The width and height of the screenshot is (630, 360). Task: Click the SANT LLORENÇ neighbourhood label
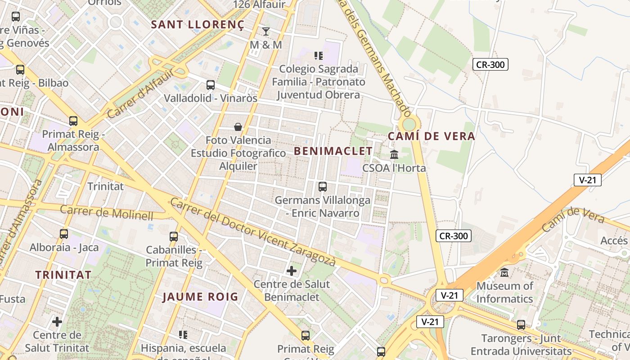pyautogui.click(x=197, y=25)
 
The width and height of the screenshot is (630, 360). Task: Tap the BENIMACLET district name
pyautogui.click(x=333, y=151)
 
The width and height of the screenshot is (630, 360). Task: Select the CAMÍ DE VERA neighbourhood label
pyautogui.click(x=431, y=136)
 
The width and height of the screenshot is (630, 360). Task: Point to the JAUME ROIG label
pyautogui.click(x=200, y=297)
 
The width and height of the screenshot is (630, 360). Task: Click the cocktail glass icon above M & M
pyautogui.click(x=266, y=31)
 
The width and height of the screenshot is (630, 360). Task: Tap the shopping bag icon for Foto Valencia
pyautogui.click(x=238, y=127)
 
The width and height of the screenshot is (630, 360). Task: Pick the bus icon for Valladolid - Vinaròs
pyautogui.click(x=210, y=85)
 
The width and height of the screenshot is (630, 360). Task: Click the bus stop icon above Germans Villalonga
pyautogui.click(x=322, y=186)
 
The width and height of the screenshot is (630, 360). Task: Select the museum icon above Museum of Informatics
pyautogui.click(x=504, y=272)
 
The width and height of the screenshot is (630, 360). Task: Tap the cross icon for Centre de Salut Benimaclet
pyautogui.click(x=292, y=271)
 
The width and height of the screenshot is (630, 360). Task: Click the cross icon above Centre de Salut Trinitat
pyautogui.click(x=57, y=322)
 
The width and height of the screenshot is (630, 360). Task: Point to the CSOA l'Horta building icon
pyautogui.click(x=394, y=154)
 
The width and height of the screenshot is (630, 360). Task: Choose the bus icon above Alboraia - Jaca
pyautogui.click(x=64, y=234)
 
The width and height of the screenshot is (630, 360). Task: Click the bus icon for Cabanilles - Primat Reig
pyautogui.click(x=174, y=236)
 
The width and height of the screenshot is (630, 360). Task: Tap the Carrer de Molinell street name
pyautogui.click(x=107, y=212)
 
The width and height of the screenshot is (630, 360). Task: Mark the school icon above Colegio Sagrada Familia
pyautogui.click(x=319, y=56)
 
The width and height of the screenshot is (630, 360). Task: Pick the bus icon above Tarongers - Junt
pyautogui.click(x=521, y=324)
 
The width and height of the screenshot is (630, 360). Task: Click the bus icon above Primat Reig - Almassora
pyautogui.click(x=73, y=121)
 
